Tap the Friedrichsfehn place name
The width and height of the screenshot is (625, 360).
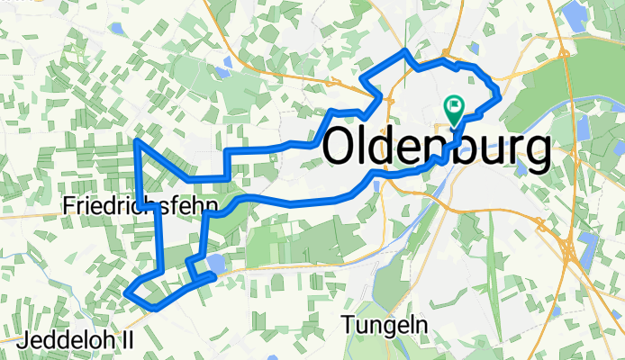(140, 207)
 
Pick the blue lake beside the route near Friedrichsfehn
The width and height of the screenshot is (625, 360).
(216, 264)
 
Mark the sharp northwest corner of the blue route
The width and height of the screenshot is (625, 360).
(136, 141)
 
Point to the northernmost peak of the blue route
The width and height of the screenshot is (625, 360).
(405, 50)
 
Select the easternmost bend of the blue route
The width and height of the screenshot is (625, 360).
(497, 94)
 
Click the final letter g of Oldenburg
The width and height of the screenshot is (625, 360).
(538, 153)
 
